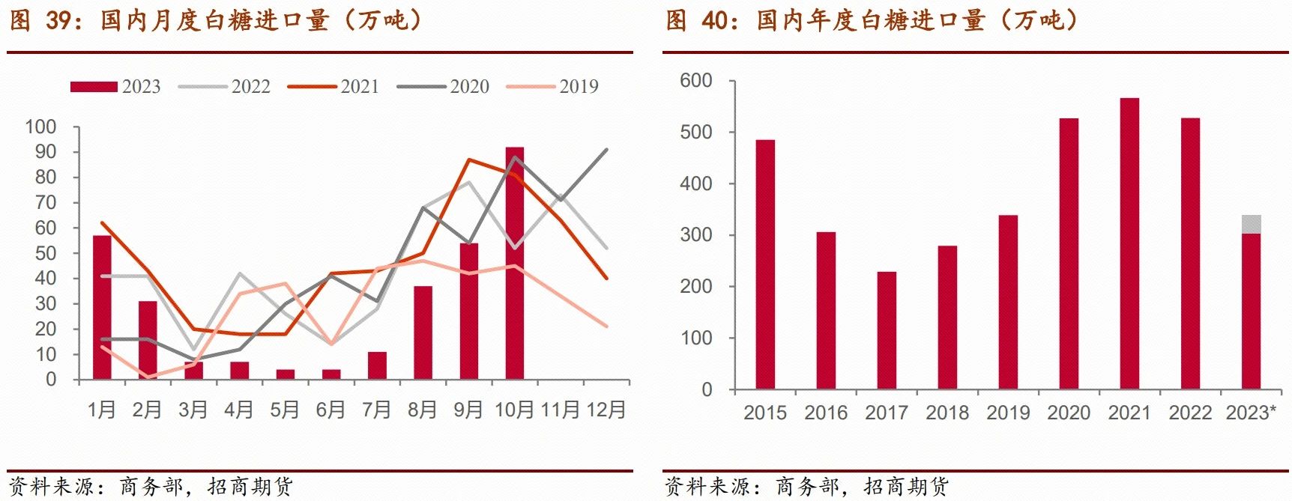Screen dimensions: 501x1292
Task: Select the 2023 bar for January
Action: [102, 307]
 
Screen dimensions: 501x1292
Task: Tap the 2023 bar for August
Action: [423, 333]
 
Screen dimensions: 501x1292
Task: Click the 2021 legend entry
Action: [333, 87]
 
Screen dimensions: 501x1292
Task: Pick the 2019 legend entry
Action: [552, 87]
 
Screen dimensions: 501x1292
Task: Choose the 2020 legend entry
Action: [443, 87]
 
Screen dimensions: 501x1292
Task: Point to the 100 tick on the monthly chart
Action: [40, 127]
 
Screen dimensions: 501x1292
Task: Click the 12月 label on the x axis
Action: [606, 410]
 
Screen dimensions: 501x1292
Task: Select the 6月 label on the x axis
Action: [330, 410]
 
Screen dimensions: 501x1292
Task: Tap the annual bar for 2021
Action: [1129, 243]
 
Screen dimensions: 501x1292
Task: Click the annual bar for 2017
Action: [887, 330]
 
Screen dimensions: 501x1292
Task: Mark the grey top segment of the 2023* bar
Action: [1251, 224]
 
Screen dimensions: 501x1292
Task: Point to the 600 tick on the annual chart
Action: [695, 80]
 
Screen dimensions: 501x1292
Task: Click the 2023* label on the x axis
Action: [1250, 413]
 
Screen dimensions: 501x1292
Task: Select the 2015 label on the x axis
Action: [765, 413]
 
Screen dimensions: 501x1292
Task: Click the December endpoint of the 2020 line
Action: [606, 150]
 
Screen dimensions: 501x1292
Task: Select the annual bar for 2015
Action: [765, 264]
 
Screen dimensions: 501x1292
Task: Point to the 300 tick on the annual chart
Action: [695, 234]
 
